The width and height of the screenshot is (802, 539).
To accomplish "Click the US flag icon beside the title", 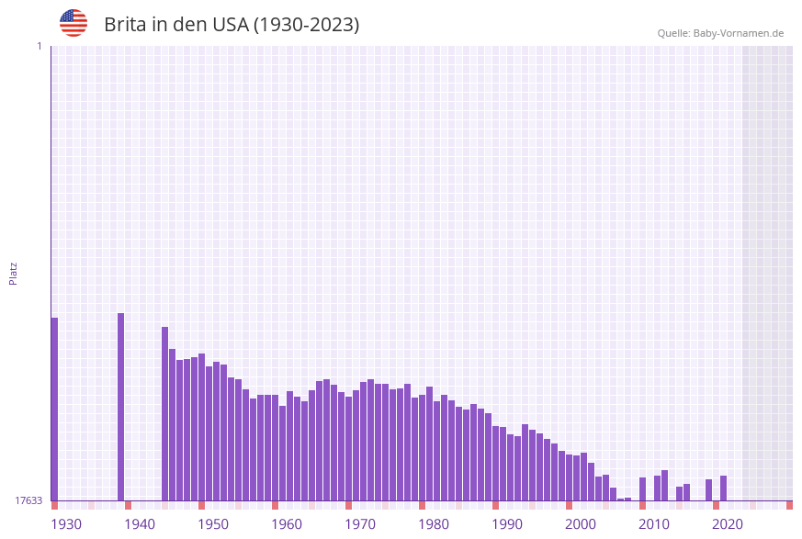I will pos(73,23).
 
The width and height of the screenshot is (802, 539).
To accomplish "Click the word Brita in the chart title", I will pos(126,25).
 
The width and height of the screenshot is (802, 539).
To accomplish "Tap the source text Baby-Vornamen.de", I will pos(738,33).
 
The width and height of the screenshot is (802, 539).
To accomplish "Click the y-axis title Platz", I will pos(14,273).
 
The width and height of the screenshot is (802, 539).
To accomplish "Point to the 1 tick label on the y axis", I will pos(39,46).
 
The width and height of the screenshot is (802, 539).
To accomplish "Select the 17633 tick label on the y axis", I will pos(28,500).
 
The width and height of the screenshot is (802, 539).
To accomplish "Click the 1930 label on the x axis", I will pos(66,524).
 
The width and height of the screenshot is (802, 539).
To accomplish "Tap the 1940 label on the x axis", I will pos(140,524).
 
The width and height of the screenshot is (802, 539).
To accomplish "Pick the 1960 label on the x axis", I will pos(287,524).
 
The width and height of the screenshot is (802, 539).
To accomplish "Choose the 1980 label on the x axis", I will pos(434,524).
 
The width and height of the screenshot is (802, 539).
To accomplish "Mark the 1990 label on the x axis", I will pos(507,524).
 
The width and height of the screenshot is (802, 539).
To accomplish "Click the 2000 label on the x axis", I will pos(581,524).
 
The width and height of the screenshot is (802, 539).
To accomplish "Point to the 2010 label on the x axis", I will pos(654,524).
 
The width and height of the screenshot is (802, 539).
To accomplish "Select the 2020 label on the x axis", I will pos(728,524).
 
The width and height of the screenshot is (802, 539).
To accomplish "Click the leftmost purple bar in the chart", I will pos(54,409).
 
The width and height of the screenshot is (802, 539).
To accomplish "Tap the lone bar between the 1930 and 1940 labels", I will pos(120,407).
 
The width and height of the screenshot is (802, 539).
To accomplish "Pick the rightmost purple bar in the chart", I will pos(724,488).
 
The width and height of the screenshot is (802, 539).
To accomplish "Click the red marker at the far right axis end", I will pos(789,505).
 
